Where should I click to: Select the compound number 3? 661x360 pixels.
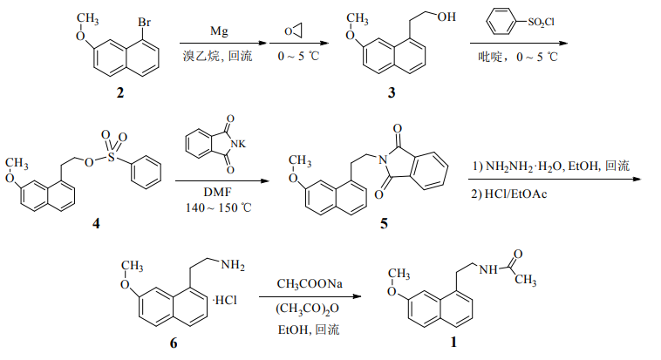392,92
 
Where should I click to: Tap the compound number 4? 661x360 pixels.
97,224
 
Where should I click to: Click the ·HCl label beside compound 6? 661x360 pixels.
224,300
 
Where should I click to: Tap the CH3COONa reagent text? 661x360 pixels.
310,284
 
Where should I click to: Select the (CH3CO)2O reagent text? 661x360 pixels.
310,308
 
